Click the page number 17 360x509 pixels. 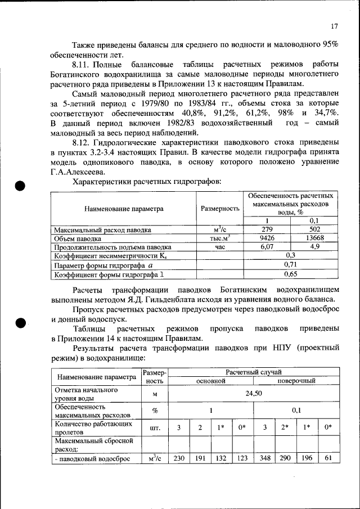tap(335, 26)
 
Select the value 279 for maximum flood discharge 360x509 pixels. tap(267, 229)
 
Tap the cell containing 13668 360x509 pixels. tap(315, 238)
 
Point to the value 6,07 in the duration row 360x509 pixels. tap(267, 246)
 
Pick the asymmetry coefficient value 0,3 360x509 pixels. tap(291, 255)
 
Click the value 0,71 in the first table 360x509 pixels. tap(291, 264)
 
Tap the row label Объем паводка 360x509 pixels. tap(78, 238)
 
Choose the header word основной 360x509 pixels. tap(210, 381)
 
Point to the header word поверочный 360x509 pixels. tap(296, 381)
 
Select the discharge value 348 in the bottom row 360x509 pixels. tap(264, 458)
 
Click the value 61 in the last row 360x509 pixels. tap(328, 458)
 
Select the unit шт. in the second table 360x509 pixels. tap(155, 427)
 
